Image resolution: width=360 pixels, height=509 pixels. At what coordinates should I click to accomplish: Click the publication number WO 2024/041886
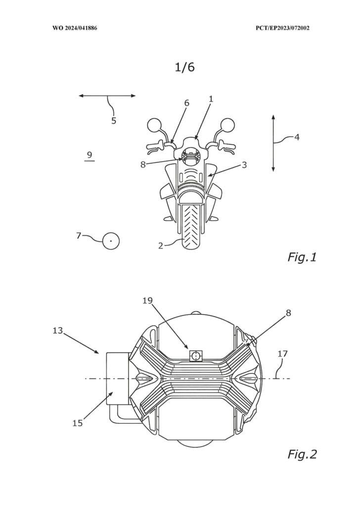coord(75,28)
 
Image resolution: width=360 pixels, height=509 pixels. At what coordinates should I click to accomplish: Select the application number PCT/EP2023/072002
coord(282,28)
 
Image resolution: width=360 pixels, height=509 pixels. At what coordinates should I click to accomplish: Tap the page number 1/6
coord(184,67)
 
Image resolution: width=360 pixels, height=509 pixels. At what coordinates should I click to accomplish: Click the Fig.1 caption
coord(302,257)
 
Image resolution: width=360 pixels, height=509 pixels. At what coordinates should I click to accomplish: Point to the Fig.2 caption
coord(302,454)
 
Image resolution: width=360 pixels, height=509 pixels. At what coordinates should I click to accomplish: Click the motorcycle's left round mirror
coord(154,125)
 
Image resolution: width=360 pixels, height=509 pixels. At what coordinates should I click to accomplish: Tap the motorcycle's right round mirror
coord(228,125)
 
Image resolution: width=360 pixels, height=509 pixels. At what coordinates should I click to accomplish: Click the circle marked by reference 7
coord(111,241)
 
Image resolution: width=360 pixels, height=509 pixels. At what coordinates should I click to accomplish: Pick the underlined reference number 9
coord(90,155)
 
